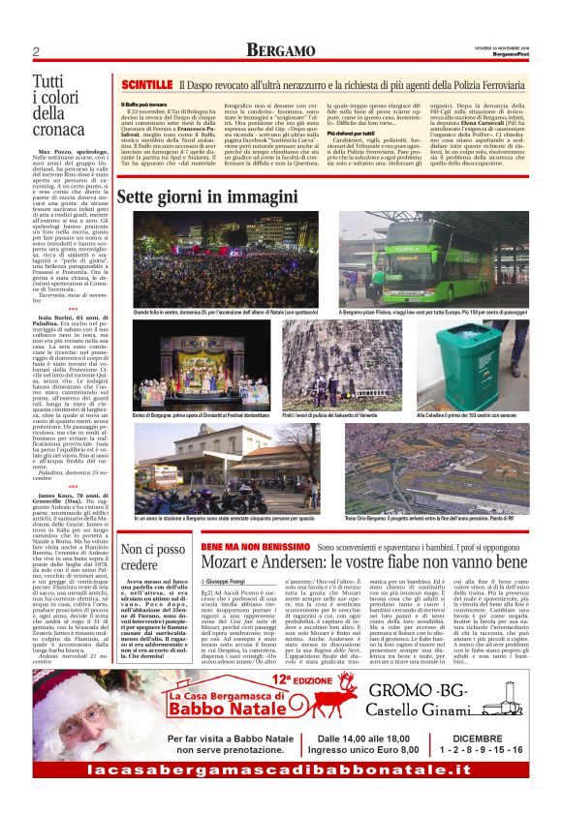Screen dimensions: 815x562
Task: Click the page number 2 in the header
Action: click(34, 50)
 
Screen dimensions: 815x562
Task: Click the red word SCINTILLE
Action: click(144, 86)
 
